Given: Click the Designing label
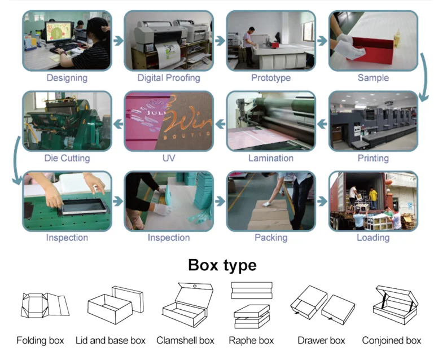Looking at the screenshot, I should [67, 78].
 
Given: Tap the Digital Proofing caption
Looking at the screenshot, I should [169, 78].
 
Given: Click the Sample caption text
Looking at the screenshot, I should [373, 78].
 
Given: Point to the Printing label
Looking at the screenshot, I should [373, 158].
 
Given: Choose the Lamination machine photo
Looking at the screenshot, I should [271, 120].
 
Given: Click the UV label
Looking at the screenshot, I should [169, 158].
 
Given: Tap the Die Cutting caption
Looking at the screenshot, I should [67, 158].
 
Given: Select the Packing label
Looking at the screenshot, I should [271, 238].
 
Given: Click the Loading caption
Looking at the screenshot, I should [373, 238].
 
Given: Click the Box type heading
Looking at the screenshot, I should [222, 265].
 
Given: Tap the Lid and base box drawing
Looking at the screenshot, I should [116, 305].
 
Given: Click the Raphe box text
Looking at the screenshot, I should [251, 341].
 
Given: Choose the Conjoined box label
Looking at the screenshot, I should [392, 341].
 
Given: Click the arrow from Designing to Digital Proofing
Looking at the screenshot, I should [118, 41].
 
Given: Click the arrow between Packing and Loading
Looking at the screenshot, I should [322, 201].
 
